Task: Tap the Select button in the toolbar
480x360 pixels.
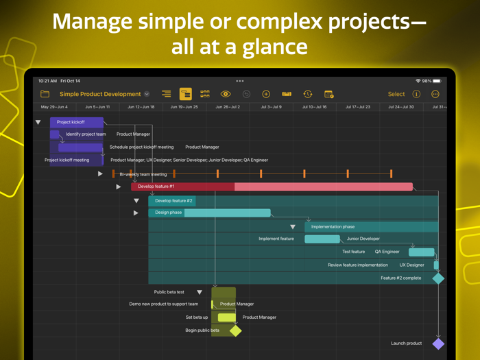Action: pos(396,94)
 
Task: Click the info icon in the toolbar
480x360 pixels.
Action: pos(416,94)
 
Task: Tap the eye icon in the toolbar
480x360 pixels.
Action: pos(226,94)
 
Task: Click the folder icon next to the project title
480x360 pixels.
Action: pos(45,94)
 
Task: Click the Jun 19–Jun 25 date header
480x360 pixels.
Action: pos(184,107)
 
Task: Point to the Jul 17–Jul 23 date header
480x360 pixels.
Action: pos(358,107)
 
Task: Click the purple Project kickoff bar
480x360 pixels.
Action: pos(76,122)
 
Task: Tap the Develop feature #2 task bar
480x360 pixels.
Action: pos(173,201)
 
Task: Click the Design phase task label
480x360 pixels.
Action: pos(168,213)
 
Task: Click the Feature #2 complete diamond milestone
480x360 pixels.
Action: pos(438,278)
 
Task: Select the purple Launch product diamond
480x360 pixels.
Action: pos(438,344)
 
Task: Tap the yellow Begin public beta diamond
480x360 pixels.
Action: pos(235,331)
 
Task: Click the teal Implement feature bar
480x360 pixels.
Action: pos(322,239)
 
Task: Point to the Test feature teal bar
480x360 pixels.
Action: pos(421,252)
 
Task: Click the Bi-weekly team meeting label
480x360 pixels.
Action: pos(143,174)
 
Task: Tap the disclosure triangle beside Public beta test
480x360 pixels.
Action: pos(200,292)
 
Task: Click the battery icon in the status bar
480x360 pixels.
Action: pos(437,81)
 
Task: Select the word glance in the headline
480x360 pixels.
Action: pos(268,47)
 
